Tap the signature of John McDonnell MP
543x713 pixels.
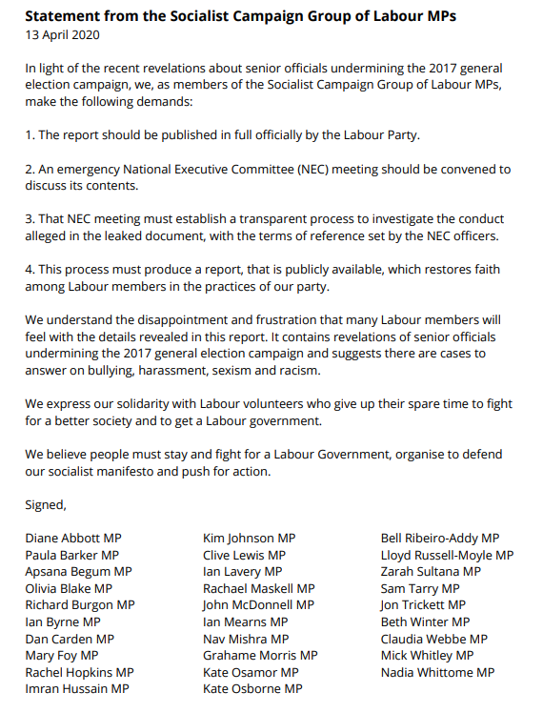(x=258, y=604)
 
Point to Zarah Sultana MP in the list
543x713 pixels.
(x=431, y=572)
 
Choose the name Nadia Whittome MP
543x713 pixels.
(x=437, y=672)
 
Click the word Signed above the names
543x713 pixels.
(x=45, y=505)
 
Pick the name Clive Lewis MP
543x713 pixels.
(x=244, y=555)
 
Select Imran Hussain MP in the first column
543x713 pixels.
(x=77, y=688)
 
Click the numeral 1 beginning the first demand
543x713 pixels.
(x=29, y=135)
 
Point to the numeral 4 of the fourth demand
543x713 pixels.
(x=29, y=269)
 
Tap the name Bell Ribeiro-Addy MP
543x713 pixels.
(x=439, y=539)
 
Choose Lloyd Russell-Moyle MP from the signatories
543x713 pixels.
(x=447, y=555)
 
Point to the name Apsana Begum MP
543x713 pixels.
(x=78, y=572)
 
